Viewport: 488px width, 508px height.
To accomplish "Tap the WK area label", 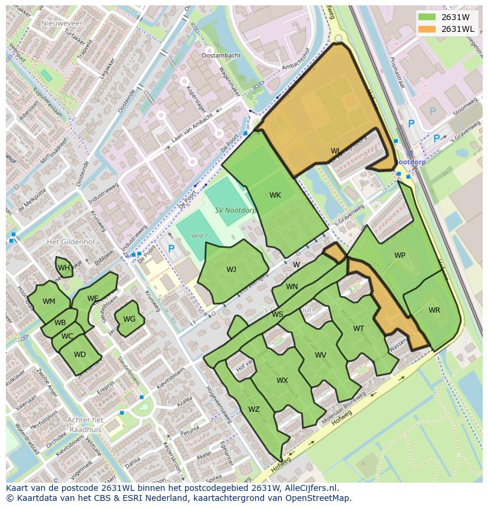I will (275, 195).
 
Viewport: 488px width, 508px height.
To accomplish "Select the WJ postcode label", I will (231, 270).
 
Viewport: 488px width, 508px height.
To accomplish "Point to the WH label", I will (64, 268).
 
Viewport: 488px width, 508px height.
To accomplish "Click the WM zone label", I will (49, 301).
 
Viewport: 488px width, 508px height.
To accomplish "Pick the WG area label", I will (130, 319).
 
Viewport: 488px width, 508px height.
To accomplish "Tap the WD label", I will (80, 355).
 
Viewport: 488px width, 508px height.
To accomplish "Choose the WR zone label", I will (434, 310).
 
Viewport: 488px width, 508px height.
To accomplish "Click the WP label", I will (400, 255).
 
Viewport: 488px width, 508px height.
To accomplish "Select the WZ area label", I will (254, 409).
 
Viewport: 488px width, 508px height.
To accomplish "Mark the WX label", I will (282, 381).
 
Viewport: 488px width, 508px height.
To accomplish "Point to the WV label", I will (321, 355).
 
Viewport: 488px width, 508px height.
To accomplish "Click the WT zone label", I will (358, 329).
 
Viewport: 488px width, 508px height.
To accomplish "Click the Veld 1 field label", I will (199, 236).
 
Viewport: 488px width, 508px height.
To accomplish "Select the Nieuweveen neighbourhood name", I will (63, 23).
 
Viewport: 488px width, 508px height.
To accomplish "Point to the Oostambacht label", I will (221, 55).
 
